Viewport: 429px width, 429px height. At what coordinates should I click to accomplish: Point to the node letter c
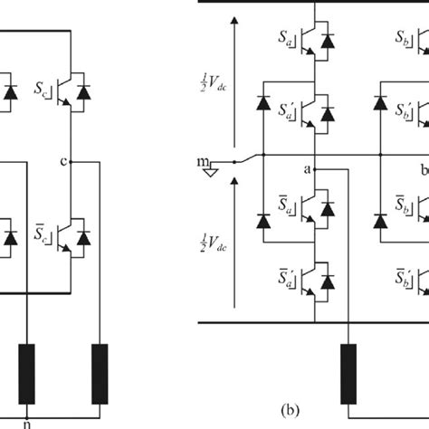click(61, 162)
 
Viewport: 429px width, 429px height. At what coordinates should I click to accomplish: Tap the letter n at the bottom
click(29, 421)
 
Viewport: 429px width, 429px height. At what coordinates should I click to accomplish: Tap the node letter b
click(422, 169)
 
